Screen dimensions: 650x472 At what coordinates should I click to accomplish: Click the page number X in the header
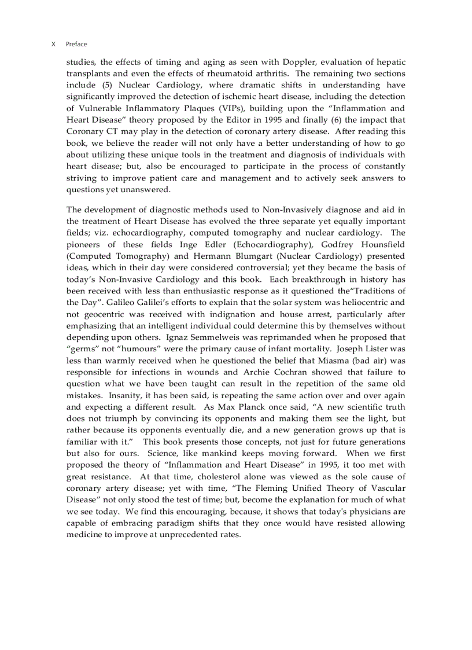coord(53,44)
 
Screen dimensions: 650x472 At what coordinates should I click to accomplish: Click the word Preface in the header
coord(76,44)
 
